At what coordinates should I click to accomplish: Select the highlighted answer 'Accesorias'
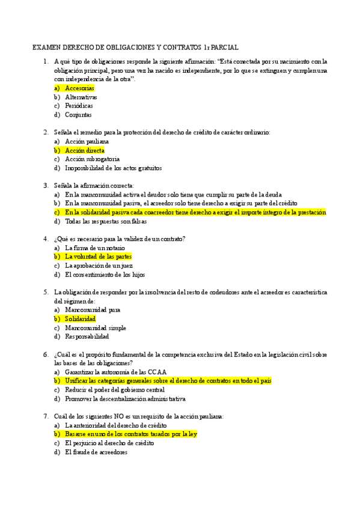coord(79,88)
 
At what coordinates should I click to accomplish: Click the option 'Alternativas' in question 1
coord(81,97)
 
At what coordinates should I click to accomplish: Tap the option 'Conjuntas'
coord(79,114)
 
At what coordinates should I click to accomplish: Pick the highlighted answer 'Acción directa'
coord(85,150)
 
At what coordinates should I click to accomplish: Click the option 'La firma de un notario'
coord(95,248)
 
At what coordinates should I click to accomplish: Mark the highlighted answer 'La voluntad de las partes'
coord(98,257)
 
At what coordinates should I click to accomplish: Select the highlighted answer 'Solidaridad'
coord(80,319)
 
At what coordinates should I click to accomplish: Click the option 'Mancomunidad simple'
coord(96,328)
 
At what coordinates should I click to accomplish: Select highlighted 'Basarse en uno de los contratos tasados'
coord(131,434)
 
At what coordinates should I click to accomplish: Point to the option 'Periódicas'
coord(79,106)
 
